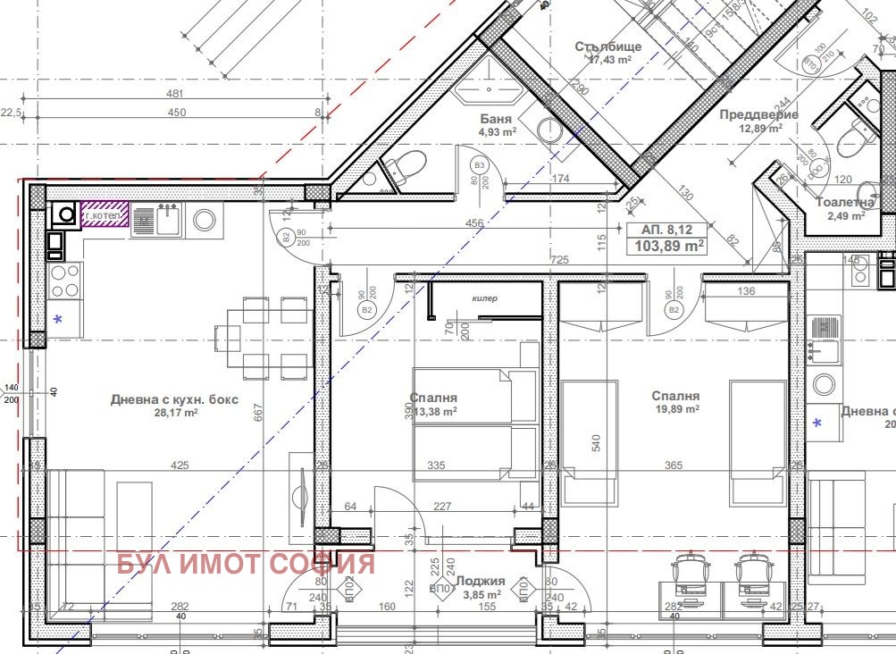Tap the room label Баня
coord(496,119)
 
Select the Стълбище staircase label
coord(608,46)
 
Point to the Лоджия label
coord(481,580)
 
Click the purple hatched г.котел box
coord(105,215)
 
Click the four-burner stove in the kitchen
coord(63,281)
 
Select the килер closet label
coord(484,298)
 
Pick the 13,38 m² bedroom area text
coord(433,412)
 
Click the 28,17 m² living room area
coord(173,414)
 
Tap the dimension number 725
coord(560,259)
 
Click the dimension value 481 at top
coord(175,94)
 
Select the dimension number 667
coord(259,412)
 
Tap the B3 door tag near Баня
coord(480,165)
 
